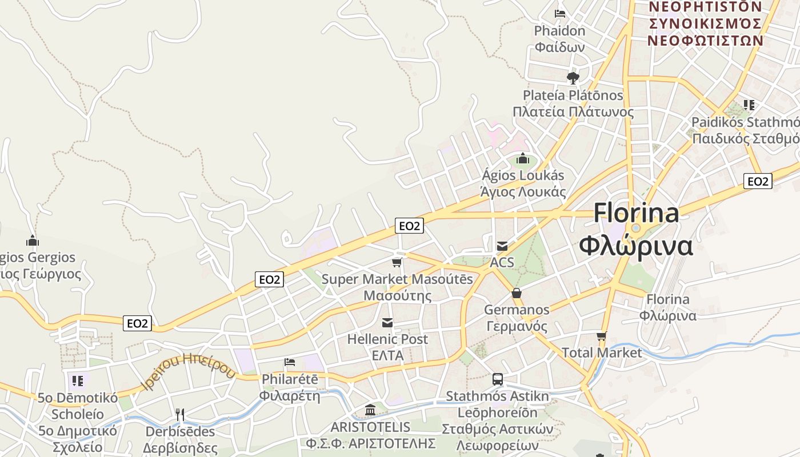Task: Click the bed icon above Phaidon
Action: click(560, 14)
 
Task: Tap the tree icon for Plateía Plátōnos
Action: click(573, 78)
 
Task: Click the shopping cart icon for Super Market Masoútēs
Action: click(397, 262)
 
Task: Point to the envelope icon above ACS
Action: click(502, 246)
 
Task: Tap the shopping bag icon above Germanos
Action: click(517, 293)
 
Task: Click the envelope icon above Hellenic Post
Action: click(387, 323)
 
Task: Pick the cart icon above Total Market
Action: click(601, 336)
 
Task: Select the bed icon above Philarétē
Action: click(290, 362)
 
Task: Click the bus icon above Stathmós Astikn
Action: click(498, 379)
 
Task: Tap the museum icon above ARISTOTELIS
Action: click(370, 410)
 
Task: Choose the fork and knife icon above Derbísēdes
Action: click(179, 414)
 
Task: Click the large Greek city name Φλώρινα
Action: click(636, 246)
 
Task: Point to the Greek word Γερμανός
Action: click(517, 327)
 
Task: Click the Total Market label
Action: click(602, 352)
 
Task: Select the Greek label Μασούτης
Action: click(398, 296)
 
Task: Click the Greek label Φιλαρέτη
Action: click(290, 395)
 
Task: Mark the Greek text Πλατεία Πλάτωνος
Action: click(573, 111)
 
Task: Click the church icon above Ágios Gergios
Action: click(33, 240)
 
